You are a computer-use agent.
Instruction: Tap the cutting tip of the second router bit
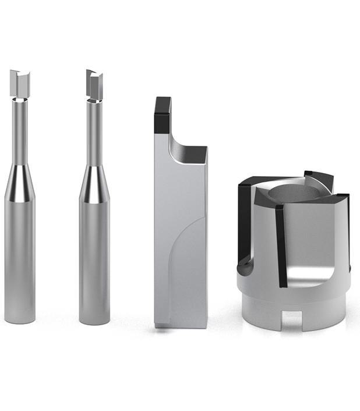(94, 84)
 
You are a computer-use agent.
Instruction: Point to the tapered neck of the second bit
(94, 184)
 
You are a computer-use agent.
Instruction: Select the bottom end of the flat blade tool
(180, 324)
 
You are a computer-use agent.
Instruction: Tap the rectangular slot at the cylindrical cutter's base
(292, 319)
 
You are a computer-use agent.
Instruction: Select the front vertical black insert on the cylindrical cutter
(281, 245)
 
